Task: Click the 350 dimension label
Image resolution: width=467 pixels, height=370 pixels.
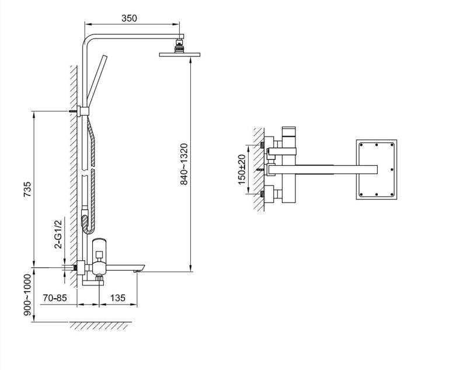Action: pos(129,18)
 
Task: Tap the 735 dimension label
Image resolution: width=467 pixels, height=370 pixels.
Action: pos(27,189)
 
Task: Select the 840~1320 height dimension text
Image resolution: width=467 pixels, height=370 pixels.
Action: pos(184,164)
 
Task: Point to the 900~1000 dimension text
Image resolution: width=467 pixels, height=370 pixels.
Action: pos(27,295)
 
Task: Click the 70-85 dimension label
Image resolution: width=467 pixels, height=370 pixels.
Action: pos(55,298)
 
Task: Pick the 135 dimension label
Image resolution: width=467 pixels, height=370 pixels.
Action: pos(118,298)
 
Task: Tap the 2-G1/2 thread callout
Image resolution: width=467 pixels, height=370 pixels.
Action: pos(58,234)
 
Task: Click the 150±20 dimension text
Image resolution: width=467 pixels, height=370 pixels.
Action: pos(242,169)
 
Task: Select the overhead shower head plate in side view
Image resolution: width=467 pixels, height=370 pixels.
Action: pos(180,54)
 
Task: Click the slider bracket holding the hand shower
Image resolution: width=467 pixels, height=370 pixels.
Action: pos(83,111)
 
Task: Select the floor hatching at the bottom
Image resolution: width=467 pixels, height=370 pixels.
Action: pos(100,326)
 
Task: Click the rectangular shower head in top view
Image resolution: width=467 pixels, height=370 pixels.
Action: pos(377,169)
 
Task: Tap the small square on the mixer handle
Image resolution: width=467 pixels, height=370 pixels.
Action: pos(99,254)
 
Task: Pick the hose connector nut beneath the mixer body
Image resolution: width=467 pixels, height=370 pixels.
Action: pos(99,278)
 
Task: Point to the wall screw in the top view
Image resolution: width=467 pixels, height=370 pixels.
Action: pos(261,170)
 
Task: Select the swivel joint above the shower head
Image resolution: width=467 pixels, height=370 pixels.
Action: pos(180,46)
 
